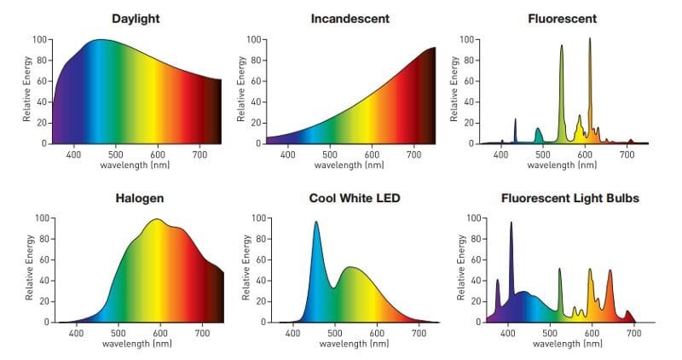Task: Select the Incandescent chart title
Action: pyautogui.click(x=350, y=18)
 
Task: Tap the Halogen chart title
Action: pyautogui.click(x=139, y=198)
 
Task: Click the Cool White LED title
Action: pyautogui.click(x=355, y=198)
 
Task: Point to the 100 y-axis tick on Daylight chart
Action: pyautogui.click(x=39, y=40)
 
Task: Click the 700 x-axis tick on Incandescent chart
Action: pyautogui.click(x=413, y=154)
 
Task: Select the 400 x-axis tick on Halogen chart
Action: pyautogui.click(x=75, y=334)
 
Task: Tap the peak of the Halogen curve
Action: pyautogui.click(x=156, y=220)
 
